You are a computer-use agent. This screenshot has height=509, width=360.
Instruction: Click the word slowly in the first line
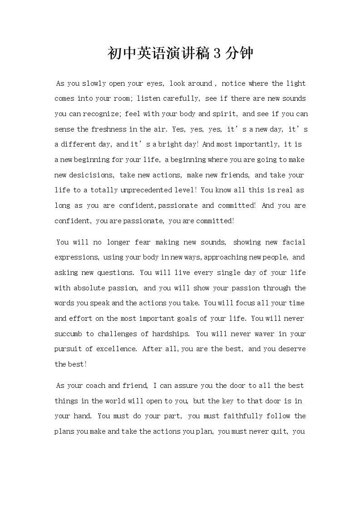point(94,83)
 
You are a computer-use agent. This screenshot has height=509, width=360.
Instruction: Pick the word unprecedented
point(150,191)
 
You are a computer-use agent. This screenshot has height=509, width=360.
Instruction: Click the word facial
point(294,242)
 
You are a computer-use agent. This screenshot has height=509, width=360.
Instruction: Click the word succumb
point(68,334)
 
